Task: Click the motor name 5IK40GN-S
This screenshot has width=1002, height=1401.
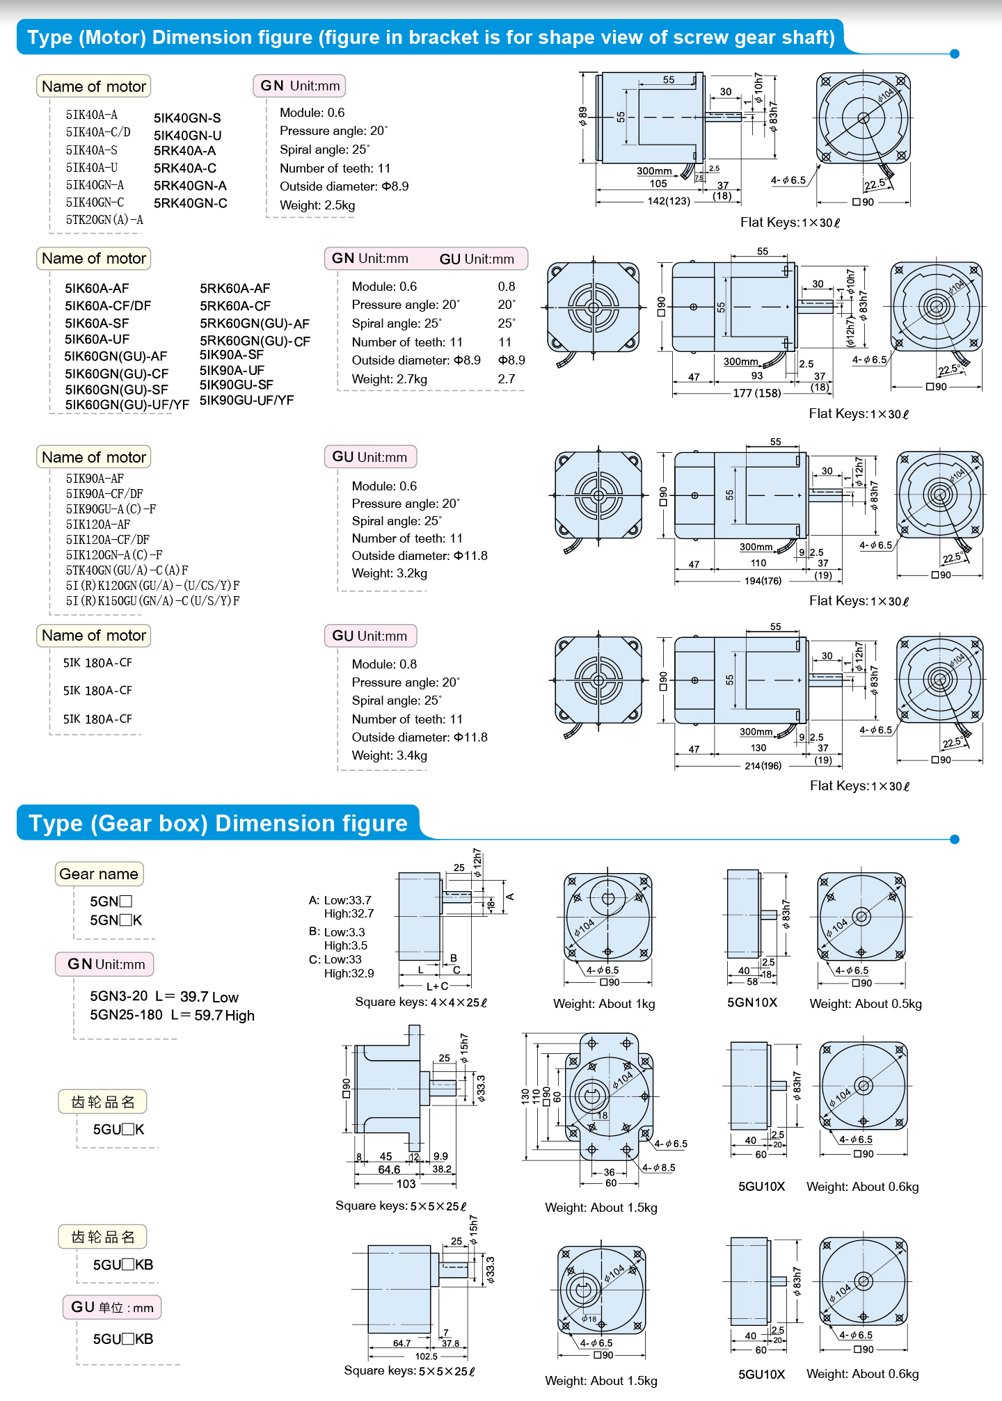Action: (187, 118)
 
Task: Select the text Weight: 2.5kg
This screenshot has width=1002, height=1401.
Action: (317, 205)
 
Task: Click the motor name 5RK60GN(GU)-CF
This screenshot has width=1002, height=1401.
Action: (255, 342)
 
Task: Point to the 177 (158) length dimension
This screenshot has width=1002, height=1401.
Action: (756, 393)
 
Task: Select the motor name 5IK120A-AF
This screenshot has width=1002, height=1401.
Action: (98, 525)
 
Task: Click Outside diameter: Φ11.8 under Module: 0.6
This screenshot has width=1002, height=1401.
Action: (419, 556)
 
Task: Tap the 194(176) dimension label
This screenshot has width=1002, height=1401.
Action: (763, 581)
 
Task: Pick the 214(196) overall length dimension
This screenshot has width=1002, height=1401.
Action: (763, 766)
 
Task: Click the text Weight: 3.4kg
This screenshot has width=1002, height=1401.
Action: (389, 755)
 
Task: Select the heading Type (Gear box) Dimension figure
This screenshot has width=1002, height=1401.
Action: (218, 824)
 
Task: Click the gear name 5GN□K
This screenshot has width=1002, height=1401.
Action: (116, 920)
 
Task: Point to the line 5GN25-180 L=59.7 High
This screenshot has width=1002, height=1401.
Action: (172, 1016)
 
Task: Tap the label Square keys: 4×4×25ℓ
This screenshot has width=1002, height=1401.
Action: (421, 1002)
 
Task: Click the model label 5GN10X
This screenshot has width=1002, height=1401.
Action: (752, 1002)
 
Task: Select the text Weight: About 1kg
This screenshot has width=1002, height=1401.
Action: (604, 1004)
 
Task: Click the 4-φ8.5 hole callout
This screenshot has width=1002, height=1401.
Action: (658, 1168)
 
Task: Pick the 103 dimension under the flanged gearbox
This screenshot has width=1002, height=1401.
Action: (406, 1184)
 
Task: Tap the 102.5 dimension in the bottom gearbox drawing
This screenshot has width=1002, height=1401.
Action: (426, 1356)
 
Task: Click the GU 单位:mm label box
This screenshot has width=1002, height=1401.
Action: (112, 1308)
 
